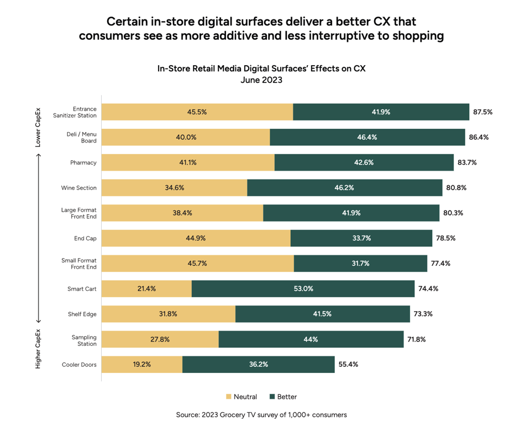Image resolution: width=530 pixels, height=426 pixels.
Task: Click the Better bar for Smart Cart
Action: click(303, 289)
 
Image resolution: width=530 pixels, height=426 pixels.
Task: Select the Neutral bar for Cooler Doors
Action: click(142, 365)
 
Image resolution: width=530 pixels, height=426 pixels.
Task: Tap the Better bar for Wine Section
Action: click(344, 188)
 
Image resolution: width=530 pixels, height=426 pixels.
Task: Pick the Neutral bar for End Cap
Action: click(196, 238)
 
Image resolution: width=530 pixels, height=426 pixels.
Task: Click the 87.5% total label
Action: click(482, 112)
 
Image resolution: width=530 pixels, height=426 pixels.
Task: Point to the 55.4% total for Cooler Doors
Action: click(348, 365)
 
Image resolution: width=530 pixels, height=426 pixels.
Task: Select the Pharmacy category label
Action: click(83, 163)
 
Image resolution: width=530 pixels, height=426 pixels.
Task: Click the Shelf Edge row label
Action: click(82, 314)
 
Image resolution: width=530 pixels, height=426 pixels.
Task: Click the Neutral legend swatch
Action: click(229, 397)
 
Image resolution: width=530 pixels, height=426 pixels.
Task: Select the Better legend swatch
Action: click(272, 397)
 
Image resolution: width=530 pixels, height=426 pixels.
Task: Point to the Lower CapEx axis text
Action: click(38, 128)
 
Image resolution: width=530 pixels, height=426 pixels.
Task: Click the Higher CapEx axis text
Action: click(38, 349)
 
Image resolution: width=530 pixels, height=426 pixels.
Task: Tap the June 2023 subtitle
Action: click(261, 80)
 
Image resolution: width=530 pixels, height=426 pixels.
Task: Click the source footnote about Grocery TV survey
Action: click(261, 414)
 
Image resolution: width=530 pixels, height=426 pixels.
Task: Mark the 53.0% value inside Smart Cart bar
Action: click(303, 289)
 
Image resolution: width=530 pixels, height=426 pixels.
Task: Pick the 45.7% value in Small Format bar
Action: click(197, 264)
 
